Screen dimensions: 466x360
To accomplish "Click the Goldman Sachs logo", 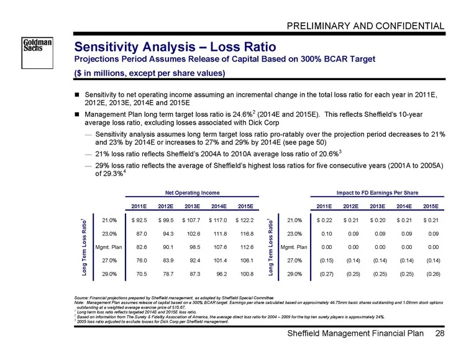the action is [x=37, y=53].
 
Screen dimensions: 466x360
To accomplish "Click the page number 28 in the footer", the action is [x=440, y=333].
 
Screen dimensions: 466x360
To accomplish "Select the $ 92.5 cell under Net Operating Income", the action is [x=139, y=220].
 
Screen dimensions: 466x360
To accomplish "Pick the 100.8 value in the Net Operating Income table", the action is [x=247, y=274].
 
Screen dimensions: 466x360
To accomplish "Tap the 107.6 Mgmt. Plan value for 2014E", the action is [x=220, y=247].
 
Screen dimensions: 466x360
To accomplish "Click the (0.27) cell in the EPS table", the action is [x=326, y=274].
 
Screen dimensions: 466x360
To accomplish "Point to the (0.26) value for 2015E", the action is [x=433, y=274].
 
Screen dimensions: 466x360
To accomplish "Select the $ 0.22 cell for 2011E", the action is [x=324, y=220].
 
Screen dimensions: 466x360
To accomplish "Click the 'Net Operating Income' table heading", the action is [x=192, y=192].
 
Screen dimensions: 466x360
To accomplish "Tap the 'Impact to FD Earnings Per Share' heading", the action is [x=377, y=192].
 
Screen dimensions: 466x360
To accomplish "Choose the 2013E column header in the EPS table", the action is [x=377, y=206].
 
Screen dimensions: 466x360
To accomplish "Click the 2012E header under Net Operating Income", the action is [x=165, y=206].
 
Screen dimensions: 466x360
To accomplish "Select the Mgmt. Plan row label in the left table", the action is [x=109, y=247].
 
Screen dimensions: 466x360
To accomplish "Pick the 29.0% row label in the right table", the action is [x=295, y=274].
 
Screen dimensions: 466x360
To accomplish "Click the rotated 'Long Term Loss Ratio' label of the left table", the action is [x=85, y=247].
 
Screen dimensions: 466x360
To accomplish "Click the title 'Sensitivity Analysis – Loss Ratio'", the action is [x=175, y=47].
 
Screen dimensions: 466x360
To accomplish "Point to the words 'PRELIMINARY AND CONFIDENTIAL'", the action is [x=365, y=26].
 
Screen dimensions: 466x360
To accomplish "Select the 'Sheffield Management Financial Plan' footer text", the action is [x=355, y=333].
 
